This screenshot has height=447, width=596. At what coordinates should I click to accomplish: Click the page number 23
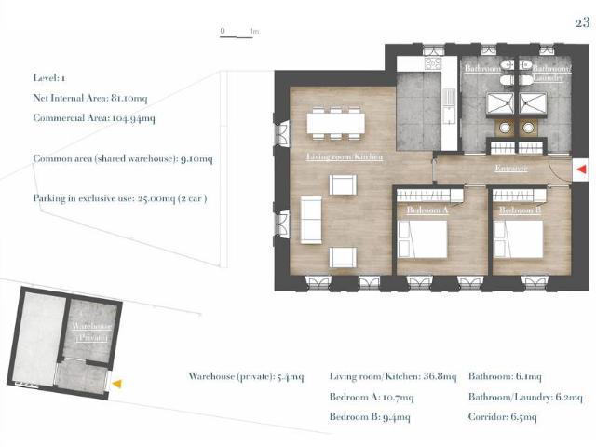coord(582,22)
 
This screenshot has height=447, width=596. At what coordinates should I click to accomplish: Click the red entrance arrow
coord(581,169)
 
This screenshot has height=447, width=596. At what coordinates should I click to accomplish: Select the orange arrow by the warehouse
coord(117,384)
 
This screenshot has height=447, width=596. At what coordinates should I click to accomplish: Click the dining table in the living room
coord(335,123)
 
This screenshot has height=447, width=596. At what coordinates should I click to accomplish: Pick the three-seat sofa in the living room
coord(311,220)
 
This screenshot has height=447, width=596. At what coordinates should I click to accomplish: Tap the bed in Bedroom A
coord(422,239)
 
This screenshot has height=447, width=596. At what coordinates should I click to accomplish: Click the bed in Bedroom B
coord(518,239)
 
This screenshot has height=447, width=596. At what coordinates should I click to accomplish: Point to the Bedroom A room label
coord(427,210)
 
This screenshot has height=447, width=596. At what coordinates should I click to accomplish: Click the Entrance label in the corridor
coord(511,168)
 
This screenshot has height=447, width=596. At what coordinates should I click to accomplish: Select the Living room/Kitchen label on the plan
coord(345,156)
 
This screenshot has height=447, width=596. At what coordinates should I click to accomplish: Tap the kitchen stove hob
coord(433,63)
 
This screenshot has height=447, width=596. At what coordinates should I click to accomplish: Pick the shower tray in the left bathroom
coord(500,103)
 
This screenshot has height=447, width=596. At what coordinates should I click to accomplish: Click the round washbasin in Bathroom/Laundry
coord(527,128)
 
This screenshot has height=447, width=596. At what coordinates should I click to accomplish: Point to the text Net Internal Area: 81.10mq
coord(90,98)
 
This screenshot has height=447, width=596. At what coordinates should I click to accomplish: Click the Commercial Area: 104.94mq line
coord(94,118)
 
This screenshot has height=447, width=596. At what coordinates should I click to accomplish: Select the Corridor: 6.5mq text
coord(503,417)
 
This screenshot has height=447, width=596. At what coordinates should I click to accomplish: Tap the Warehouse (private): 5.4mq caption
coord(246,376)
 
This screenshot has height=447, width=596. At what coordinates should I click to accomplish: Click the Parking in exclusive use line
coord(120,198)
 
